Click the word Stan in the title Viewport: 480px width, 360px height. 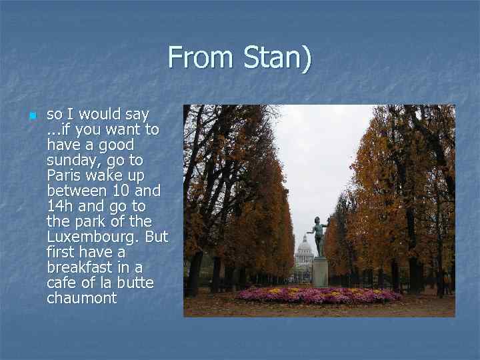275,58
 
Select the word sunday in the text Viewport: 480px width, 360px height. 69,160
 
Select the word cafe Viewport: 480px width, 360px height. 61,283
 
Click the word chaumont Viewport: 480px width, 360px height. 81,298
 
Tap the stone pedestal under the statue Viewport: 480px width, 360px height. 320,272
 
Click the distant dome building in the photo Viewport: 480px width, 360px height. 304,252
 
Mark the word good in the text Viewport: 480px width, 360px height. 117,145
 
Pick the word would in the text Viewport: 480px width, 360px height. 100,114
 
